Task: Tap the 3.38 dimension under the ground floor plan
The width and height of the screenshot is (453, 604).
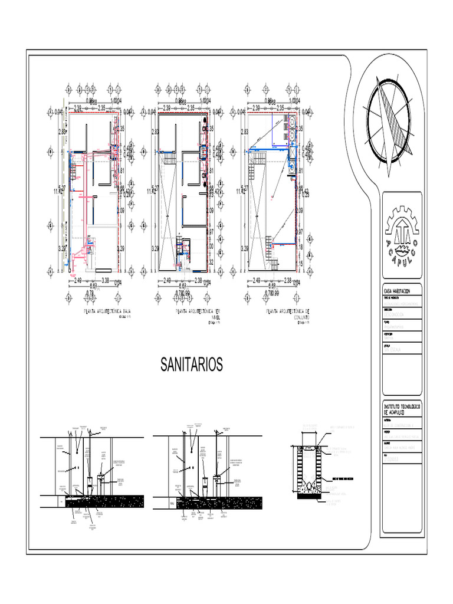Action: click(x=106, y=280)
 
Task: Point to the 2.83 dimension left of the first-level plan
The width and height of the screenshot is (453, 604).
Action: click(x=155, y=132)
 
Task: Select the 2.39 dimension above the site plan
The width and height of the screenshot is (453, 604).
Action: click(x=254, y=108)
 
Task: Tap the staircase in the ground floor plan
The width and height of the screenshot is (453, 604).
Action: click(x=74, y=171)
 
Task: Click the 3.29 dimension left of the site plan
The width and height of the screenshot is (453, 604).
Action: click(x=244, y=249)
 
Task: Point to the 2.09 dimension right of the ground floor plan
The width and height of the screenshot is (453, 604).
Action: click(x=120, y=211)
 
